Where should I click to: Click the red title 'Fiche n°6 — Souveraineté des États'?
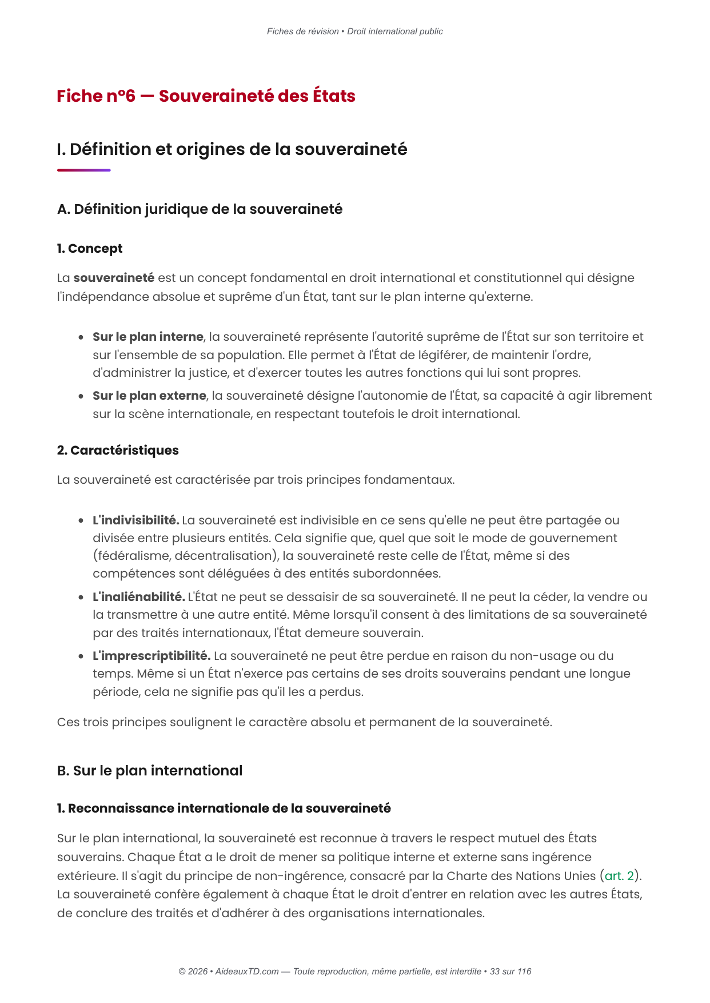click(x=206, y=96)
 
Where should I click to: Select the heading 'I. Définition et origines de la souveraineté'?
click(x=232, y=149)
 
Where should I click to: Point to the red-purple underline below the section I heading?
click(x=83, y=170)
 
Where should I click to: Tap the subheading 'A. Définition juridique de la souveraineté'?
click(x=200, y=209)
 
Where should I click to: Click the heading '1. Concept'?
click(x=89, y=249)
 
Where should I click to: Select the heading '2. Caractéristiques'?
click(x=118, y=451)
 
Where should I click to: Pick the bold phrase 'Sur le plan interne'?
click(x=148, y=337)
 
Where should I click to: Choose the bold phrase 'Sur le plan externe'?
click(x=149, y=396)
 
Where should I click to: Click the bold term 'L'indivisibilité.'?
click(x=136, y=520)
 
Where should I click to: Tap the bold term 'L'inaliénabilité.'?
click(x=139, y=597)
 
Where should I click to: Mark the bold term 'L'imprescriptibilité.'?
click(x=151, y=656)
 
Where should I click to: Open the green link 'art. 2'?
click(x=620, y=876)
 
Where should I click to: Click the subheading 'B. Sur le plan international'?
click(x=150, y=771)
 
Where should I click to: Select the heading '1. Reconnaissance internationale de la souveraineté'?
click(x=224, y=809)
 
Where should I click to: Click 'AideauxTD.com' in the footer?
click(x=247, y=972)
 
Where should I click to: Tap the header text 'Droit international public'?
click(x=395, y=31)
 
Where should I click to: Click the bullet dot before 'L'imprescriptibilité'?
click(x=82, y=656)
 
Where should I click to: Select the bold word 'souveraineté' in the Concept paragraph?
click(x=114, y=278)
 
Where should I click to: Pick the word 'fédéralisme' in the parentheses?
click(x=132, y=556)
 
